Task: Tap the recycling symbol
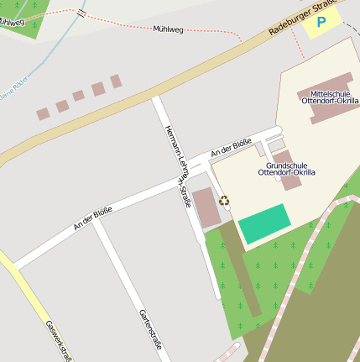point(225,201)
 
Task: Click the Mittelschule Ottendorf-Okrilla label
point(330,97)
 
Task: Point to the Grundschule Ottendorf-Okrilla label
point(287,169)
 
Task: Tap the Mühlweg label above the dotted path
point(168,29)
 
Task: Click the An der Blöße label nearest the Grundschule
point(231,146)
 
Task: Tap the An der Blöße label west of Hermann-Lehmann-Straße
point(92,218)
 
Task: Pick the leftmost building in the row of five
point(43,113)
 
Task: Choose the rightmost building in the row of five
point(116,81)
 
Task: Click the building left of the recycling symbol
point(205,207)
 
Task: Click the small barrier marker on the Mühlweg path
point(81,13)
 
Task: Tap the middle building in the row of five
point(79,96)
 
